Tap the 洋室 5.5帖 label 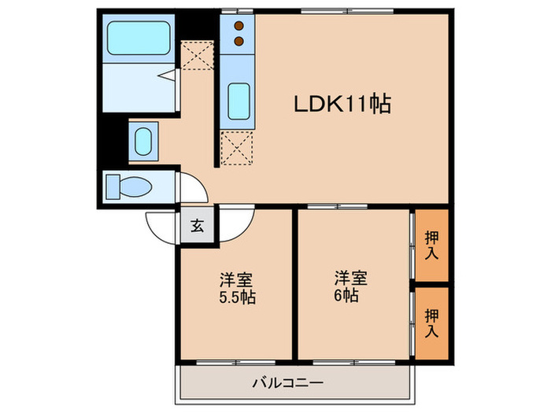click(x=236, y=288)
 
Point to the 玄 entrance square click(x=197, y=227)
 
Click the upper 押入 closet click(x=431, y=245)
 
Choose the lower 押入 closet click(x=431, y=323)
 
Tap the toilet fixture click(x=130, y=187)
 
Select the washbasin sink click(x=144, y=142)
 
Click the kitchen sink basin click(x=239, y=100)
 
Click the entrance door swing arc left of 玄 click(x=161, y=227)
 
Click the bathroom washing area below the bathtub click(x=138, y=90)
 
